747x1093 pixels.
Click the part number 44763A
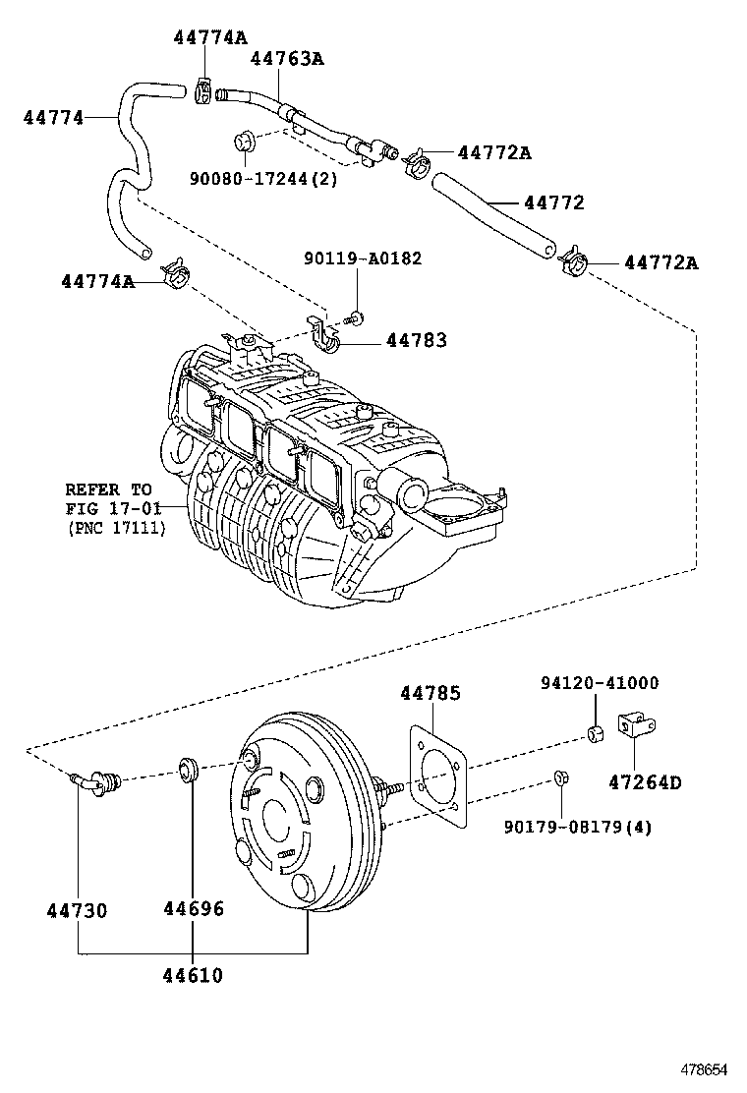pyautogui.click(x=287, y=59)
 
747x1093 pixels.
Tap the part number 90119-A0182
pyautogui.click(x=363, y=259)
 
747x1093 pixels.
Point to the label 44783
pyautogui.click(x=416, y=340)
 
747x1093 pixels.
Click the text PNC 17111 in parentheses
pyautogui.click(x=117, y=528)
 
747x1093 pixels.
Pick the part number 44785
pyautogui.click(x=430, y=693)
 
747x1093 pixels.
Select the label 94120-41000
pyautogui.click(x=599, y=683)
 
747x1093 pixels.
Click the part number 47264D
pyautogui.click(x=644, y=782)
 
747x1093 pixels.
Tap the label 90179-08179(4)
pyautogui.click(x=577, y=827)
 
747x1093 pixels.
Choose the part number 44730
pyautogui.click(x=77, y=909)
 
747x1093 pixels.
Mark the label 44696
pyautogui.click(x=193, y=909)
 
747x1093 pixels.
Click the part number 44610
pyautogui.click(x=193, y=976)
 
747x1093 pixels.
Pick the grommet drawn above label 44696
pyautogui.click(x=190, y=769)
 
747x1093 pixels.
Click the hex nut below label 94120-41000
pyautogui.click(x=595, y=733)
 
